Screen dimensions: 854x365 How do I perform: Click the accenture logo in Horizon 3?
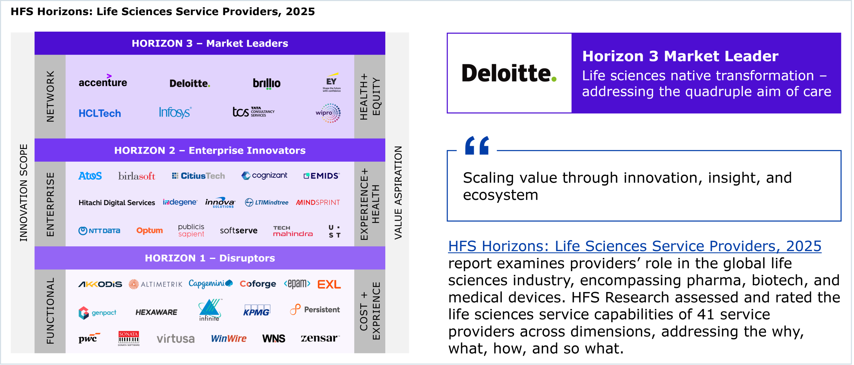[x=103, y=81]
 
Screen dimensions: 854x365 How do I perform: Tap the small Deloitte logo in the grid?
[x=190, y=83]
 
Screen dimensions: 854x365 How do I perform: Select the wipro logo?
[x=328, y=113]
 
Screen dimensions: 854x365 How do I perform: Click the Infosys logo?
[x=175, y=113]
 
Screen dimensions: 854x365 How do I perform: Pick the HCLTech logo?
[x=100, y=113]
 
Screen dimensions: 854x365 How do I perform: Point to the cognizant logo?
[x=264, y=176]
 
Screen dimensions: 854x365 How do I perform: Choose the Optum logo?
[x=149, y=231]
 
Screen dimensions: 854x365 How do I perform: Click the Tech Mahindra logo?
[x=293, y=231]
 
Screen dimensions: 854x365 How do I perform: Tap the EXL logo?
[x=329, y=284]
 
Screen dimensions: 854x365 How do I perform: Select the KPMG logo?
[x=257, y=310]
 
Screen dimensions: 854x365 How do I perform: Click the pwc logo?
[x=89, y=338]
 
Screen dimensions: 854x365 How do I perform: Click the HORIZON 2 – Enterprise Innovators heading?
[x=210, y=150]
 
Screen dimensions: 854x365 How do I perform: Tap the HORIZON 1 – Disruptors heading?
[x=210, y=258]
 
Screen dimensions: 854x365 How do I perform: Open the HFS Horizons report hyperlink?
[x=634, y=246]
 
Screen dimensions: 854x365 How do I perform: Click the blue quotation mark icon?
[x=477, y=145]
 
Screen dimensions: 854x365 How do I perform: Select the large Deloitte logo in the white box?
[x=509, y=73]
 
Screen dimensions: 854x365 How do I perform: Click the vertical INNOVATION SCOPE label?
[x=23, y=193]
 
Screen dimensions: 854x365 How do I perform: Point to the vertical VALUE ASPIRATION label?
[x=398, y=193]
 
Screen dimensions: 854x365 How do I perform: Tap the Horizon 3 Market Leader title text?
[x=680, y=56]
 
